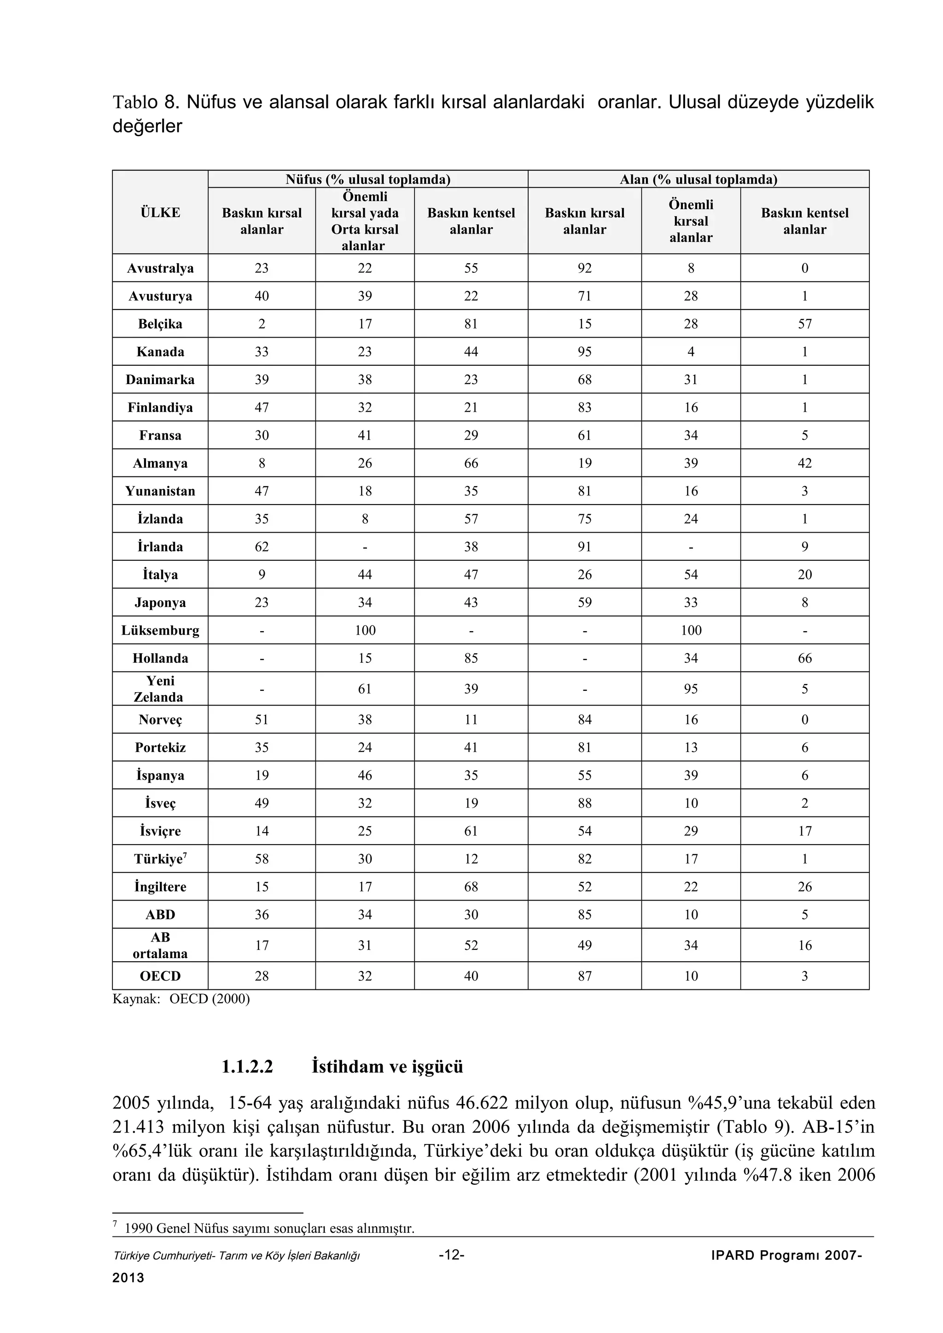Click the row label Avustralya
click(x=160, y=268)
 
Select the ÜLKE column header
click(x=160, y=213)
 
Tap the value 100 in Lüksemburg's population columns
click(x=365, y=631)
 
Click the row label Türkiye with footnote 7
click(x=160, y=859)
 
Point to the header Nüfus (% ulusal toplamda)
click(x=368, y=179)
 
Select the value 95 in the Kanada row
click(x=584, y=352)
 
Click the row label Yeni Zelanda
click(x=160, y=689)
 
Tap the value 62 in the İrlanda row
click(x=262, y=547)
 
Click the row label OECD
click(x=160, y=977)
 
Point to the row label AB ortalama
click(x=160, y=946)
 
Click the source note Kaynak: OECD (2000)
click(x=180, y=999)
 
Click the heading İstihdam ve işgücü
click(x=388, y=1067)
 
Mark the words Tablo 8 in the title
click(x=145, y=103)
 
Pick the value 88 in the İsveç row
click(x=584, y=804)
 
